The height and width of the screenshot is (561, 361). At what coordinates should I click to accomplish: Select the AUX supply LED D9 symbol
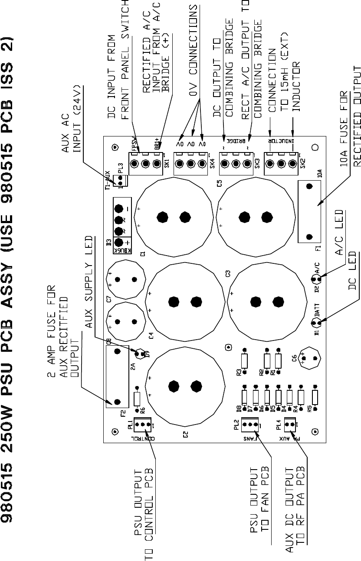coord(140,354)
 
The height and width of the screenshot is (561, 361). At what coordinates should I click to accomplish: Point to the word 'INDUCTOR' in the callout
coord(296,87)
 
